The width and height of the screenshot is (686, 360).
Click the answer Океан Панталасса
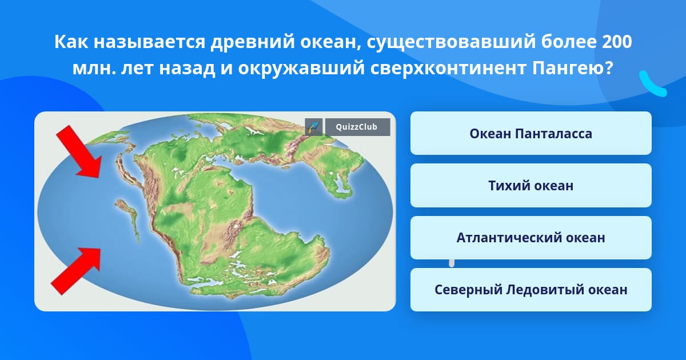(531, 133)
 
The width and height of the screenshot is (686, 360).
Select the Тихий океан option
(531, 186)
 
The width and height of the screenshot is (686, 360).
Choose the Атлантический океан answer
(531, 238)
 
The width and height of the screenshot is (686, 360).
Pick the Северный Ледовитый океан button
(531, 290)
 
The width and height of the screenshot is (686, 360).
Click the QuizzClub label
(357, 127)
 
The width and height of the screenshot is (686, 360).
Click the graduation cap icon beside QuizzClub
(314, 127)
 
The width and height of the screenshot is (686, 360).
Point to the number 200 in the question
(616, 42)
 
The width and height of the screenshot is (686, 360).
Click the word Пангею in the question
(572, 69)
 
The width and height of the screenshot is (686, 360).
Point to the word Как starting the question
(71, 42)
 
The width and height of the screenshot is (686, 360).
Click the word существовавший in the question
(452, 43)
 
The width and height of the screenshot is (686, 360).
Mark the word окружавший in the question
(301, 69)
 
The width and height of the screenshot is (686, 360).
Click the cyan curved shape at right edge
(653, 83)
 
